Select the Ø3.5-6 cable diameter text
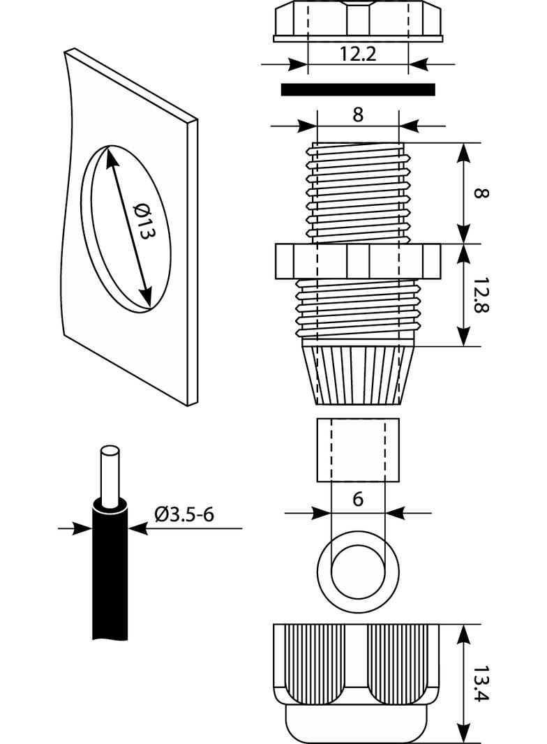click(x=184, y=515)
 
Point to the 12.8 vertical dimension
click(x=480, y=296)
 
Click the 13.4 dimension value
click(x=481, y=685)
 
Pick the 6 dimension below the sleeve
click(x=357, y=499)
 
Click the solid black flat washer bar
click(x=357, y=90)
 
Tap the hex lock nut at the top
click(x=357, y=20)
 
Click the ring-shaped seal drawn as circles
click(x=357, y=567)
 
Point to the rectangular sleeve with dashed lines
click(x=357, y=450)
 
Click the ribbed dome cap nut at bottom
click(x=357, y=680)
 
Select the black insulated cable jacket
click(x=110, y=572)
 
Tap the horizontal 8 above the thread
click(x=357, y=115)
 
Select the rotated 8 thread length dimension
click(x=480, y=192)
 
